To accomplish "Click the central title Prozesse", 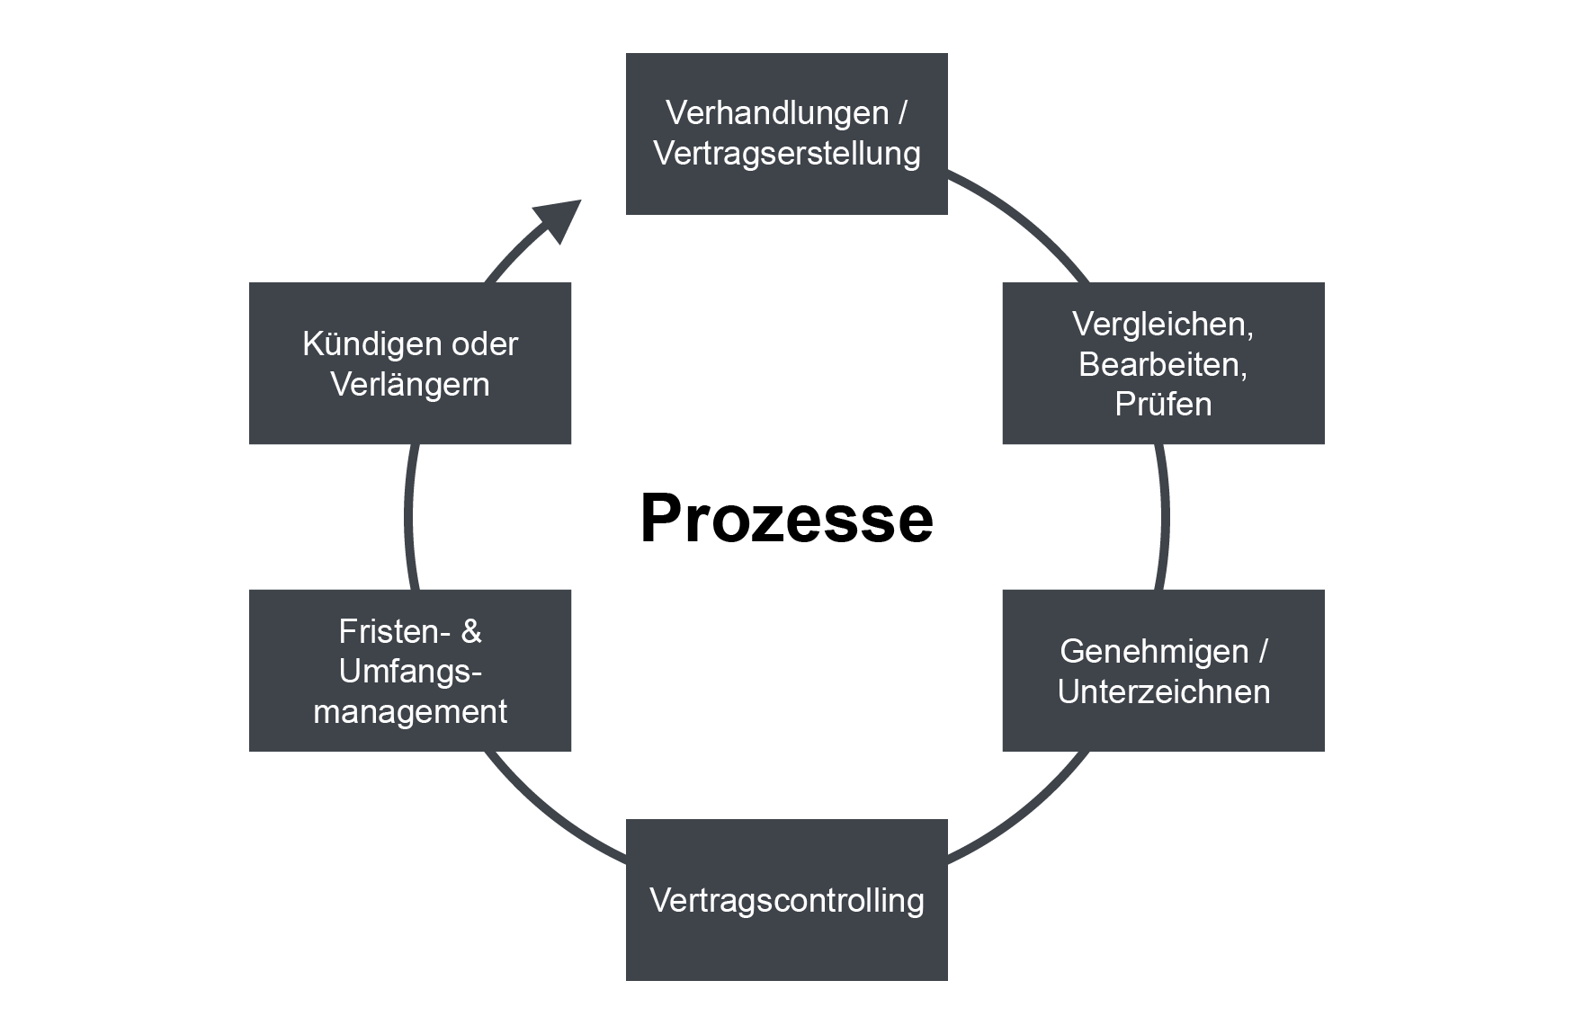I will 786,519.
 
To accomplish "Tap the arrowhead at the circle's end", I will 558,219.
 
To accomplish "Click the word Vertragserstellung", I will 786,154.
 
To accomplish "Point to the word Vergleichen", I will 1162,325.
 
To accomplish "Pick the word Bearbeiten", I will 1162,364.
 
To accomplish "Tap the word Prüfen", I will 1162,405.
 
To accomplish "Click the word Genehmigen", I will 1154,652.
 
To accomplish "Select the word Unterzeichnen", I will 1163,691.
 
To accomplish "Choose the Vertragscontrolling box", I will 786,900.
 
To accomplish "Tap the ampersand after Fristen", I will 471,632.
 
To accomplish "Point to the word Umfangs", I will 410,672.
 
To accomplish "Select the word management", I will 410,712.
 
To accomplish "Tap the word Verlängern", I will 410,385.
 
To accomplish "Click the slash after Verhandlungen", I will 901,114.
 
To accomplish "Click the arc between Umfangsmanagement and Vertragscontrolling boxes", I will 549,814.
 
